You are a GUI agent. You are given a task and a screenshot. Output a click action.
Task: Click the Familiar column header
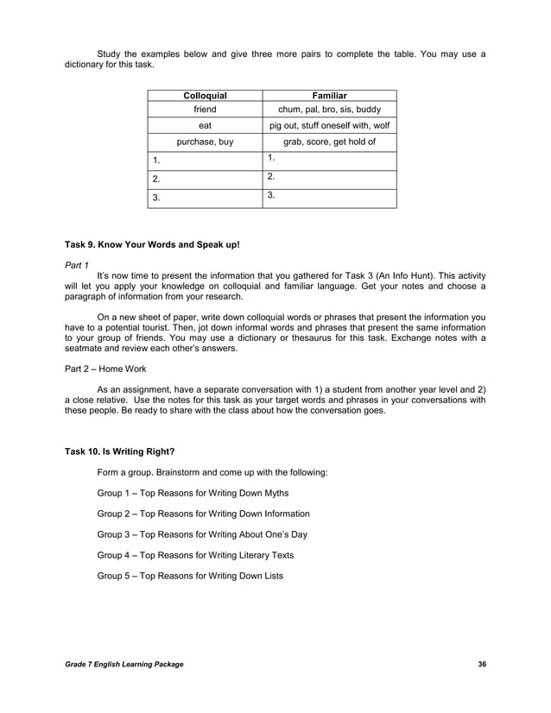tap(328, 96)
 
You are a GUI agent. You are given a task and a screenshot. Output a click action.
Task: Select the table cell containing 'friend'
tap(205, 110)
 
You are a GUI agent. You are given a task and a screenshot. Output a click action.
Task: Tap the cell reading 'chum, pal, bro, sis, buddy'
tap(328, 110)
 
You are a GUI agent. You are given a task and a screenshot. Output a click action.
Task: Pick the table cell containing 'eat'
tap(205, 126)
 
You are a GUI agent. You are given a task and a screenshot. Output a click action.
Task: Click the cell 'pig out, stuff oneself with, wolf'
tap(328, 126)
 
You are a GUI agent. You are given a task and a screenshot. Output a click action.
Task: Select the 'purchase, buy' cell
tap(205, 142)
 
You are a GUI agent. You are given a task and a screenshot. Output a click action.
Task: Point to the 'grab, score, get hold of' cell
tap(328, 142)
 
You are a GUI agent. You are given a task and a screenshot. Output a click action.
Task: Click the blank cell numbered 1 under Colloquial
tap(205, 161)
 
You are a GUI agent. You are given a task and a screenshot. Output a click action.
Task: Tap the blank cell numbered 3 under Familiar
tap(328, 198)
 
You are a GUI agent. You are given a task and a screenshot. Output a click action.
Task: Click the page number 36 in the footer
tap(481, 663)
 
